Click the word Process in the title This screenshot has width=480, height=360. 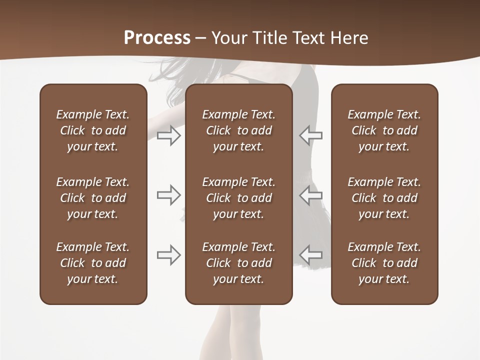pyautogui.click(x=157, y=38)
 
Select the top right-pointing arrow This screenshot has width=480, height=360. pyautogui.click(x=169, y=135)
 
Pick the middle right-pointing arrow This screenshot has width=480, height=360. pyautogui.click(x=169, y=195)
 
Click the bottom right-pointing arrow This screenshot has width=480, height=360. pyautogui.click(x=169, y=255)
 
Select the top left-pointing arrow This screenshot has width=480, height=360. pyautogui.click(x=310, y=135)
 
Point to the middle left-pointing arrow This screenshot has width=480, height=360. pyautogui.click(x=310, y=195)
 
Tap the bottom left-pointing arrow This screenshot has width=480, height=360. pyautogui.click(x=310, y=255)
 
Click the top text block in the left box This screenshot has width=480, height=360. pyautogui.click(x=93, y=130)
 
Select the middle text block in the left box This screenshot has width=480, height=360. pyautogui.click(x=93, y=198)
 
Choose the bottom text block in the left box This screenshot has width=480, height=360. pyautogui.click(x=93, y=263)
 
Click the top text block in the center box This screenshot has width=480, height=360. pyautogui.click(x=239, y=130)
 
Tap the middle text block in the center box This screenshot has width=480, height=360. pyautogui.click(x=239, y=198)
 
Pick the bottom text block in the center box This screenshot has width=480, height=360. pyautogui.click(x=239, y=263)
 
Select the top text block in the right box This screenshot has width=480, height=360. pyautogui.click(x=384, y=130)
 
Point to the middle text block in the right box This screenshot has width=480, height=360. pyautogui.click(x=384, y=198)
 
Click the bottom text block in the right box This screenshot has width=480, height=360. pyautogui.click(x=384, y=263)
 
